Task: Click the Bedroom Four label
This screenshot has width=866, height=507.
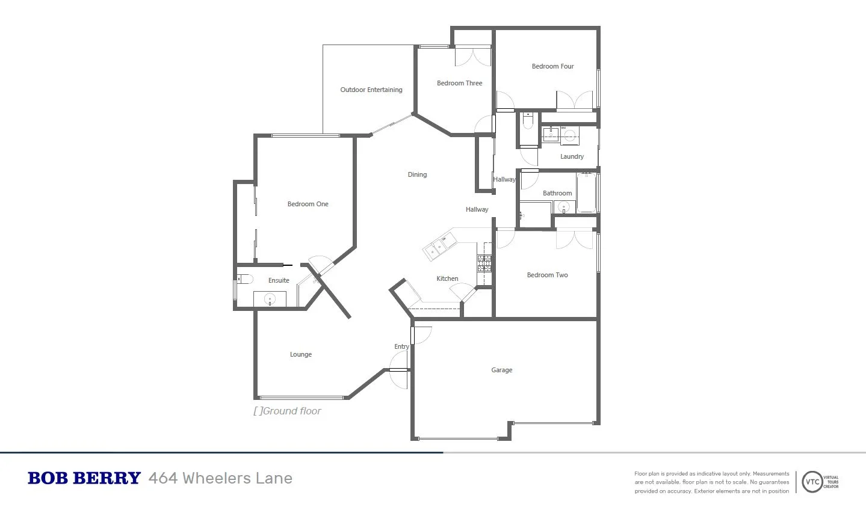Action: pos(552,66)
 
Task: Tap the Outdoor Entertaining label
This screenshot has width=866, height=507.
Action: pos(371,90)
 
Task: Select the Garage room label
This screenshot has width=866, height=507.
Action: pos(501,370)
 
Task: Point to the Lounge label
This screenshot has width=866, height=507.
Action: pos(300,354)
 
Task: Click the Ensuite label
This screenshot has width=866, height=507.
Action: pos(279,280)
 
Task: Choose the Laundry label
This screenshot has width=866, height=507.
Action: pos(572,156)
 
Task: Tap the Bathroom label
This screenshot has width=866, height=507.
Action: pos(557,193)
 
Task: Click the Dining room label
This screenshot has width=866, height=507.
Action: pos(417,174)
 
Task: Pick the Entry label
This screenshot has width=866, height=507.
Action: pos(401,346)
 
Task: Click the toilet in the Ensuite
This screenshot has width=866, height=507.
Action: pos(243,279)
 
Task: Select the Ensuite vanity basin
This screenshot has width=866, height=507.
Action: pos(269,298)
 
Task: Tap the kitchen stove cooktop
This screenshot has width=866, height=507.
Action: pos(484,263)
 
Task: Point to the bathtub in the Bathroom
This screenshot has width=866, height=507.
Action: pos(586,193)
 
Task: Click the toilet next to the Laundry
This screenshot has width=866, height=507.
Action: pos(528,123)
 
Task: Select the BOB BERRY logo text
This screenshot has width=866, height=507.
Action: pos(84,478)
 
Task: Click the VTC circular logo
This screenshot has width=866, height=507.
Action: pos(812,482)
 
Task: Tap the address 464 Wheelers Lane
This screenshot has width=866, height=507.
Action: pos(220,478)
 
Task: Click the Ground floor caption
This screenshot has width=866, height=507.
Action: pos(288,411)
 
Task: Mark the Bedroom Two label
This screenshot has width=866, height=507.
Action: pos(547,275)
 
